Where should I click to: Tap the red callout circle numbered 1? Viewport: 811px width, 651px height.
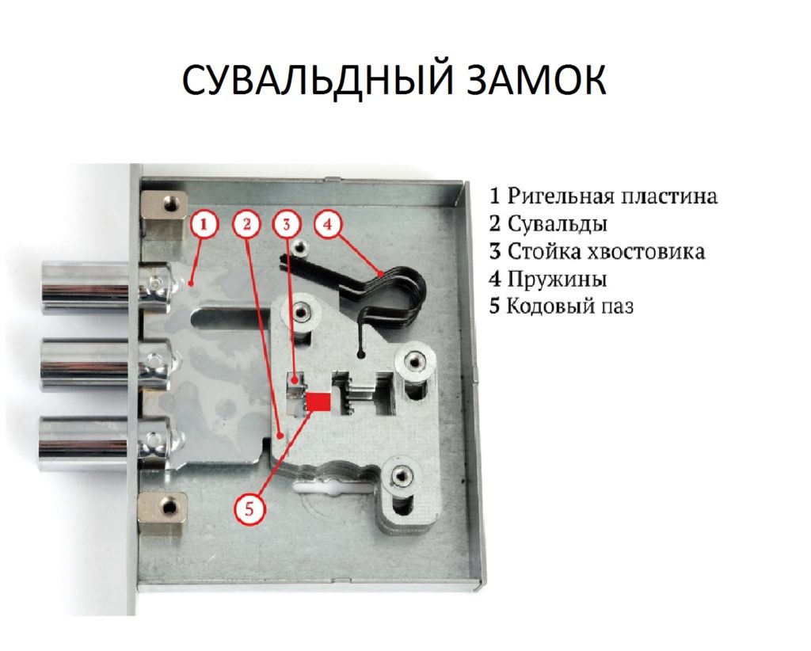tap(204, 225)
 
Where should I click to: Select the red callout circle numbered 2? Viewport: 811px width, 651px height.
tap(247, 225)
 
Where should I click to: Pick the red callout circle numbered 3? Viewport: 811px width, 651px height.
tap(287, 225)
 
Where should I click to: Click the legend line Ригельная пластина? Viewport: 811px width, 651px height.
tap(603, 196)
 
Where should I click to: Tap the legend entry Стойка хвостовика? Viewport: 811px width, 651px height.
tap(597, 251)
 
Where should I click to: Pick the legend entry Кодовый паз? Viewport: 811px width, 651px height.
tap(562, 306)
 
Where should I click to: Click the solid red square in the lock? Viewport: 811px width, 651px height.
tap(318, 402)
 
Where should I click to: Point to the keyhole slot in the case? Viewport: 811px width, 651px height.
tap(332, 486)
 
